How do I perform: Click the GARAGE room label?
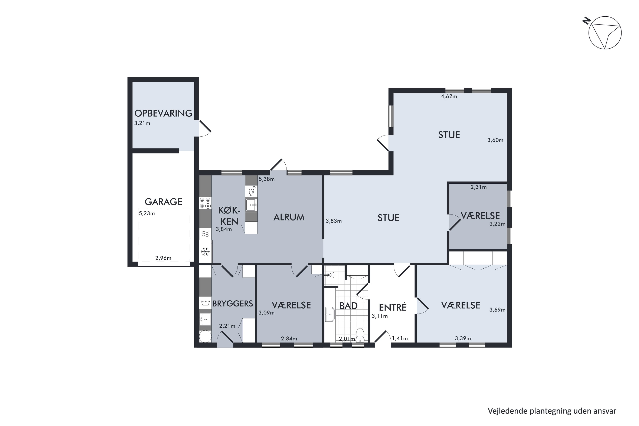[163, 202]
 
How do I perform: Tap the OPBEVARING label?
[163, 113]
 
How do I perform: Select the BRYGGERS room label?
[233, 304]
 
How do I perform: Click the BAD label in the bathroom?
[348, 306]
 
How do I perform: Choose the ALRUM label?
[289, 217]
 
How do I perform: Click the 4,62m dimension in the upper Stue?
[449, 96]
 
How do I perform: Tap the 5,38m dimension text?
[266, 179]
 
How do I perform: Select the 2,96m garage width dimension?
[163, 258]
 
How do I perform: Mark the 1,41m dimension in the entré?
[400, 338]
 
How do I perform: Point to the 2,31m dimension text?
[478, 187]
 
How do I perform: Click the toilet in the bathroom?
[360, 335]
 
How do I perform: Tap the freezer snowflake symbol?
[205, 252]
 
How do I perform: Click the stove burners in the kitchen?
[205, 203]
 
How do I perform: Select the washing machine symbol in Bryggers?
[205, 303]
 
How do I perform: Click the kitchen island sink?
[251, 205]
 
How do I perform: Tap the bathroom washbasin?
[330, 314]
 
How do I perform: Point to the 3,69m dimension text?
[497, 310]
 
